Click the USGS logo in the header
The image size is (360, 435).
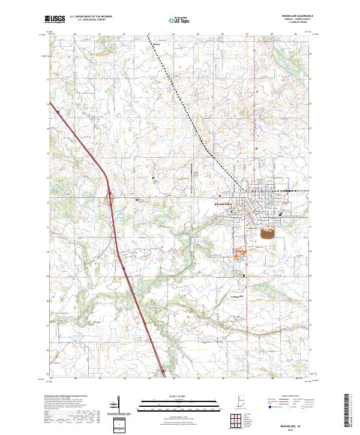point(55,19)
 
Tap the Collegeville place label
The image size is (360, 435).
point(238,296)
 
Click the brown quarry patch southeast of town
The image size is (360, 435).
point(268,232)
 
